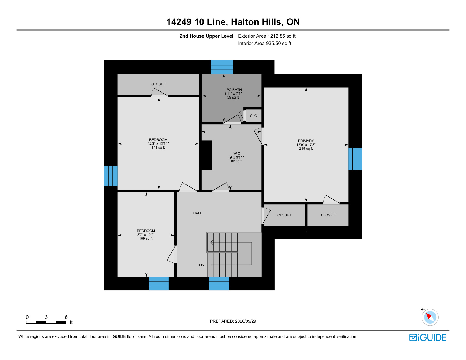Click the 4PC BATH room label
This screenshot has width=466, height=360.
(x=233, y=90)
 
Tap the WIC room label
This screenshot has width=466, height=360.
(x=237, y=154)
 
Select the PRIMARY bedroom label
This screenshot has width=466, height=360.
(x=306, y=141)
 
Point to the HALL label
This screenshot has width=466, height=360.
(x=197, y=213)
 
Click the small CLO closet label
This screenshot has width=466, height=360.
(x=253, y=116)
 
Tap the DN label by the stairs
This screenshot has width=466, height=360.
(x=202, y=265)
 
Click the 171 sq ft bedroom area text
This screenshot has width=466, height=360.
(x=158, y=147)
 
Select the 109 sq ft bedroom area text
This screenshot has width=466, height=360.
(x=146, y=239)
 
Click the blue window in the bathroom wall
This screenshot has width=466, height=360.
(x=222, y=67)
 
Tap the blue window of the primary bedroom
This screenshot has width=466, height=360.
(x=355, y=159)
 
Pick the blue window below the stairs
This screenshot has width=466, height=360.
(x=219, y=284)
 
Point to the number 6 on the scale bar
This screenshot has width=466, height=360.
(x=66, y=317)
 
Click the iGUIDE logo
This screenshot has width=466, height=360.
(x=427, y=337)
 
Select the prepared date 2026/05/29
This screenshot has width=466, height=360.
(x=245, y=321)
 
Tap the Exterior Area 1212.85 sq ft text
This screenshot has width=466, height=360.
(x=267, y=36)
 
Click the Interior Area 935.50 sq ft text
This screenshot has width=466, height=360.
(x=264, y=43)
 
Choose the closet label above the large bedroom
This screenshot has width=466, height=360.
(x=158, y=84)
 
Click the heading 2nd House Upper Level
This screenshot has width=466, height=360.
(x=206, y=36)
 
